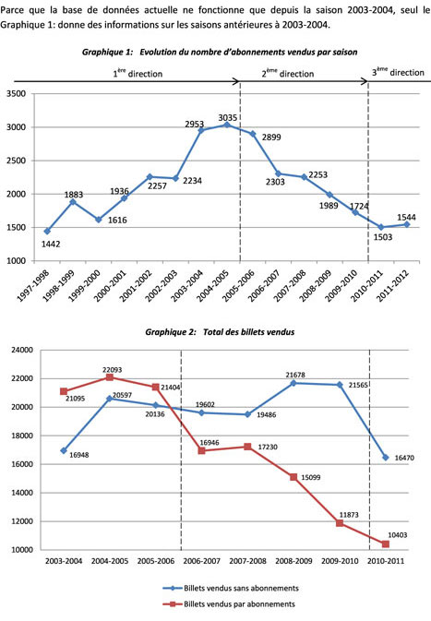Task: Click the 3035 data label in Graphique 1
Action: (x=228, y=117)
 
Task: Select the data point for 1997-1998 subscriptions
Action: (x=48, y=232)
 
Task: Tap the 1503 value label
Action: (x=383, y=237)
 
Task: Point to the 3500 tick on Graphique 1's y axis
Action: (x=17, y=94)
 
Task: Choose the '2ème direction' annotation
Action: (x=288, y=73)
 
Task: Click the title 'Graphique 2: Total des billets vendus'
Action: (x=220, y=332)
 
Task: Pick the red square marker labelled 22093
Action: (x=110, y=377)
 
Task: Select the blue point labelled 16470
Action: (x=386, y=458)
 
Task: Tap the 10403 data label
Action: (x=398, y=535)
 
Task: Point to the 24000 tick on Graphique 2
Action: (x=23, y=350)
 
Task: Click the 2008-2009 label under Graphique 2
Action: (x=293, y=561)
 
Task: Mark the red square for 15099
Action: (x=293, y=477)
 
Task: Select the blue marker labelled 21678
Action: (x=293, y=383)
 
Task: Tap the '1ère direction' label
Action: (x=138, y=73)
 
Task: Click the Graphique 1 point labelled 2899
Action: (x=253, y=134)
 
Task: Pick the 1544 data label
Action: (x=406, y=217)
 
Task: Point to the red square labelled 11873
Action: (x=340, y=523)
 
